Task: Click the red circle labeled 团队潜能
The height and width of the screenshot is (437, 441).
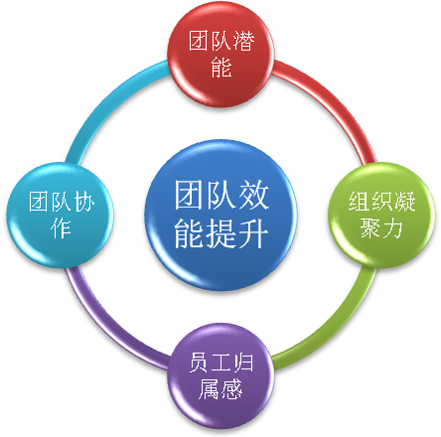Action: [220, 54]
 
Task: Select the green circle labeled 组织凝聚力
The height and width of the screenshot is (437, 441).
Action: [381, 215]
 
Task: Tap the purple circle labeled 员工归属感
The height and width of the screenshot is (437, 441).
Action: [220, 375]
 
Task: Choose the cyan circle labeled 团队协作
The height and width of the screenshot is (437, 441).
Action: [60, 215]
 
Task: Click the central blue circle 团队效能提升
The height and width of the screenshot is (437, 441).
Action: [220, 215]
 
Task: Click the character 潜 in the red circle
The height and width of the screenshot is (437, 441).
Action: [243, 41]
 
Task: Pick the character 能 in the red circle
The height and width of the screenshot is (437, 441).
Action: [220, 67]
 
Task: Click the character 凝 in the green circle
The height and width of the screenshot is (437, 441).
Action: [405, 202]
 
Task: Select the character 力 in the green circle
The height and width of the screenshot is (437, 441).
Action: [392, 227]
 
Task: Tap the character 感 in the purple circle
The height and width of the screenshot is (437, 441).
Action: [231, 388]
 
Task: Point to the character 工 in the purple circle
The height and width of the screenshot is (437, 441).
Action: [220, 363]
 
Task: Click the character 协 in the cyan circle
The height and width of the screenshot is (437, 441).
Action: [83, 202]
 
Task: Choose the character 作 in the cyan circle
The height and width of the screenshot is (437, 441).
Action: [61, 227]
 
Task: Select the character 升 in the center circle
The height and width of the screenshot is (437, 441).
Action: [253, 233]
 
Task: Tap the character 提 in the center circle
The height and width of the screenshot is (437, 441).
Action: [221, 233]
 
